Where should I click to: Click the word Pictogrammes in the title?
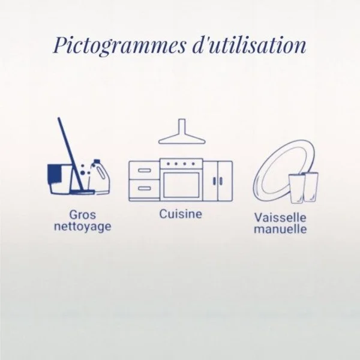coord(119,45)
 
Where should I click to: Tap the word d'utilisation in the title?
coord(249,44)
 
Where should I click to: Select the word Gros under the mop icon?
coord(82,215)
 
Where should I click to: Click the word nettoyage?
coord(83,227)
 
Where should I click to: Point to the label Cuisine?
coord(181,214)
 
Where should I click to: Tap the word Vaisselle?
coord(280,217)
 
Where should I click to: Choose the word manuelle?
coord(280,229)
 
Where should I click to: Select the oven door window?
coord(181,184)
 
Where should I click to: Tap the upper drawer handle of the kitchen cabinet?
coord(145,170)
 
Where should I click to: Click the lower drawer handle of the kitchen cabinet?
coord(145,188)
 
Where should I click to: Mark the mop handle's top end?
coord(59,118)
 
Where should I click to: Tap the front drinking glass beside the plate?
coord(297,189)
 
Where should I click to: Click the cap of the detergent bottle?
coord(97,161)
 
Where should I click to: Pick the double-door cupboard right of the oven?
coord(218,181)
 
